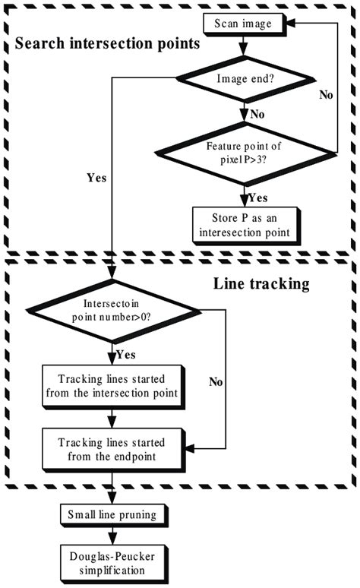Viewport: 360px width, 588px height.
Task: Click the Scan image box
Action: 242,23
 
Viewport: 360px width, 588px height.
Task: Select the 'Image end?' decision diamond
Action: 242,78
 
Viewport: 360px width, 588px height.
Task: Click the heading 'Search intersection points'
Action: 107,43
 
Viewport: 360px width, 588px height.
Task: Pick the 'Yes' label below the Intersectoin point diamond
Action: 127,353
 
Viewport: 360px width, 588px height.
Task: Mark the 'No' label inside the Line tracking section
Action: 215,383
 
